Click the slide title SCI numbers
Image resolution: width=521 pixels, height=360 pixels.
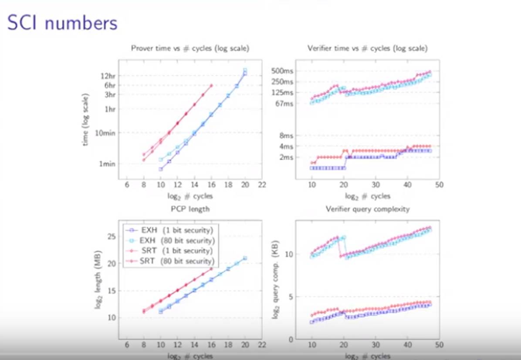[62, 23]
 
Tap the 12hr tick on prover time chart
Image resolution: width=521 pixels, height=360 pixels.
[108, 76]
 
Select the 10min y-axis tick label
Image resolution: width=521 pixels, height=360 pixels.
[105, 132]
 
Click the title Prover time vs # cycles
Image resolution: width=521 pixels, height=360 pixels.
[190, 48]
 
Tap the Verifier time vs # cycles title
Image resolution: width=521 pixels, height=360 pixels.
[367, 48]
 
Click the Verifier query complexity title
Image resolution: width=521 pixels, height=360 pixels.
[368, 209]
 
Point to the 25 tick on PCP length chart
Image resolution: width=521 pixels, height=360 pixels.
[110, 236]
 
